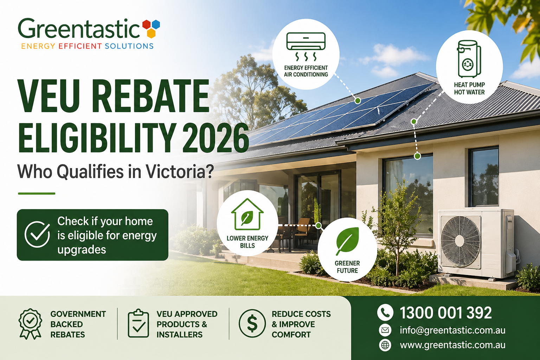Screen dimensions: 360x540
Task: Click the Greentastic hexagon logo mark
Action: coord(151,28)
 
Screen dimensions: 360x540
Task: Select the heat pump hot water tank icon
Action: coord(469,59)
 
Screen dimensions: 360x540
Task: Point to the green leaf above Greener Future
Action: coord(347,240)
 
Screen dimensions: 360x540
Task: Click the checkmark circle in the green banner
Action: coord(37,234)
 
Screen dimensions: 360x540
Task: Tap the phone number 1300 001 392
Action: coord(445,313)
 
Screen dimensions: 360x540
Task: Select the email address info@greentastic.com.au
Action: coord(452,330)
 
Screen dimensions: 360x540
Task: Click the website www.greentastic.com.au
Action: coord(452,345)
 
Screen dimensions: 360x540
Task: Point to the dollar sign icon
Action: coord(252,324)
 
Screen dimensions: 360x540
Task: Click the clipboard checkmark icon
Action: coord(138,323)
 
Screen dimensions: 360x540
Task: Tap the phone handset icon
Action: coord(385,312)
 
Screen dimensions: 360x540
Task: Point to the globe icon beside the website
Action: coord(385,345)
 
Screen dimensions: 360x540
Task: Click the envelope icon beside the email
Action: coord(385,330)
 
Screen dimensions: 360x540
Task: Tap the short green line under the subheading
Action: coord(37,193)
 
